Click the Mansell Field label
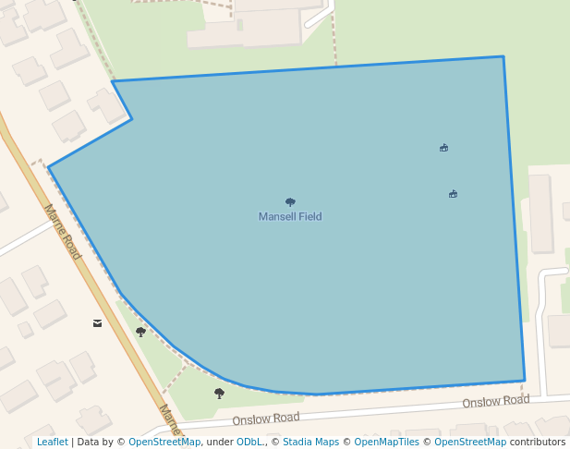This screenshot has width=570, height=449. [290, 216]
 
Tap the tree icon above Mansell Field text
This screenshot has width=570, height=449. [290, 201]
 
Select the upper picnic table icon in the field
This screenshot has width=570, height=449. [444, 147]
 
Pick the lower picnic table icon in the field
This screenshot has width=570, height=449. [453, 194]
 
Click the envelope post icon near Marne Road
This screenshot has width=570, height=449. [97, 323]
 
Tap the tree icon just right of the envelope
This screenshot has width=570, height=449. [140, 332]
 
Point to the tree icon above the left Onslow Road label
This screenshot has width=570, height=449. [219, 393]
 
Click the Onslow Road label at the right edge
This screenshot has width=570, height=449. [496, 401]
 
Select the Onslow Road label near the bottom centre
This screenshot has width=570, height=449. [266, 419]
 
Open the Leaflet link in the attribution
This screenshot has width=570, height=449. [53, 443]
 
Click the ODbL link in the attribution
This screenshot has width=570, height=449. [249, 443]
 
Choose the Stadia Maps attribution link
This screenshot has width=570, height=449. [310, 443]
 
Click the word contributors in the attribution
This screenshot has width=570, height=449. [538, 443]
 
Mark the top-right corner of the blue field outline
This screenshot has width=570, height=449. [503, 56]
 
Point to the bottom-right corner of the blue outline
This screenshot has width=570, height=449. [525, 381]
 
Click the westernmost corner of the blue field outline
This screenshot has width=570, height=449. [48, 167]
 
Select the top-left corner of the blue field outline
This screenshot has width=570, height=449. [113, 81]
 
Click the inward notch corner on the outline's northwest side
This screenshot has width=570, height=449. [132, 118]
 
